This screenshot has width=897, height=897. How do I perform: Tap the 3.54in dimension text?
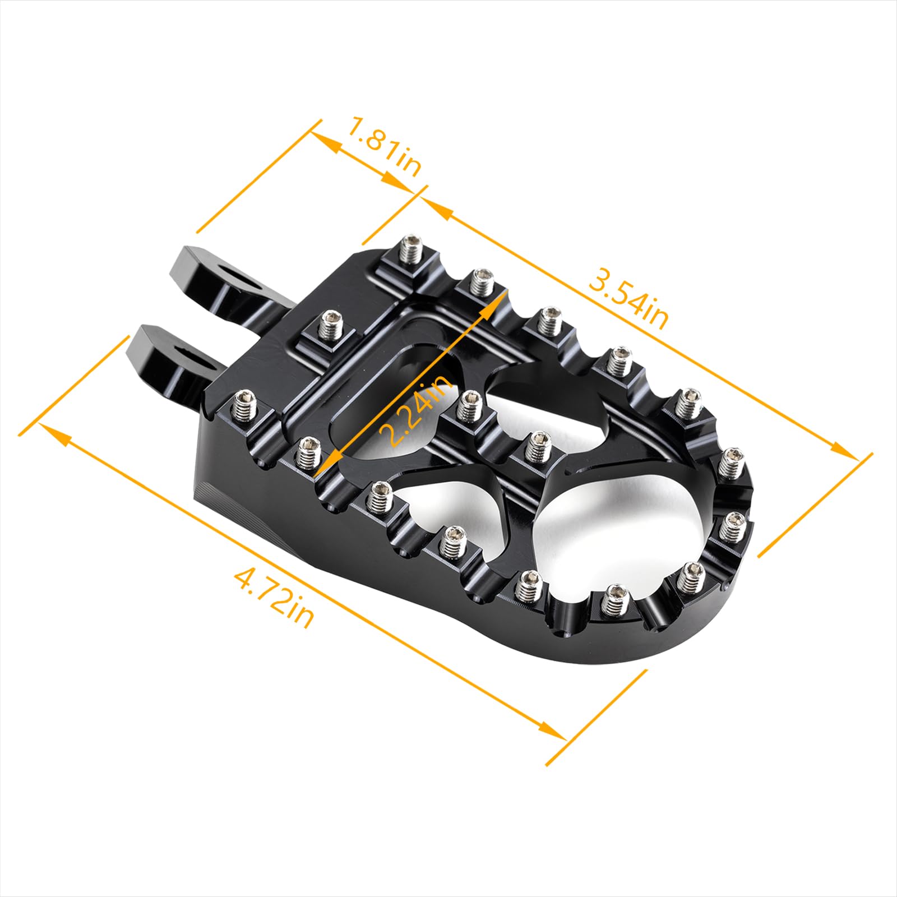pos(628,298)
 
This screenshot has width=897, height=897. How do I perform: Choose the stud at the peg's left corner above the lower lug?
pos(246,405)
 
